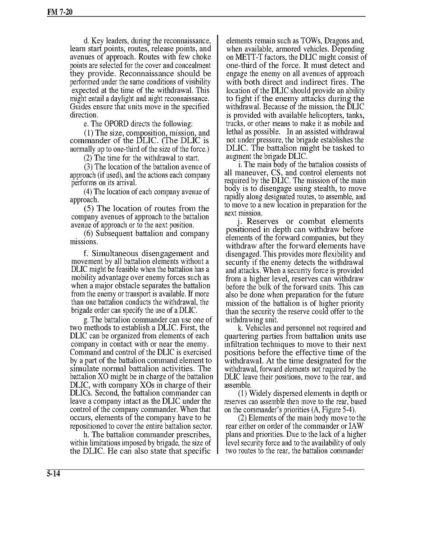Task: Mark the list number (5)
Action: pos(89,208)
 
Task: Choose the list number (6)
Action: pos(89,234)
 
